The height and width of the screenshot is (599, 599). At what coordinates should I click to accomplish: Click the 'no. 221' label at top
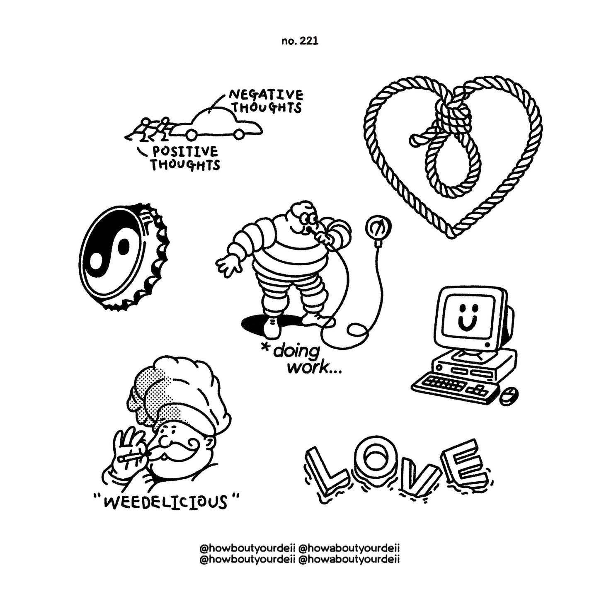[299, 41]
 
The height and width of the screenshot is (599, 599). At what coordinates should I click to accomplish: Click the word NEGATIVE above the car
[266, 95]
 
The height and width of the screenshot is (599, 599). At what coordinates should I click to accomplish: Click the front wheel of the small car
[239, 134]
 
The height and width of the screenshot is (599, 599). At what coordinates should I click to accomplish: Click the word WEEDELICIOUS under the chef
[165, 502]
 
